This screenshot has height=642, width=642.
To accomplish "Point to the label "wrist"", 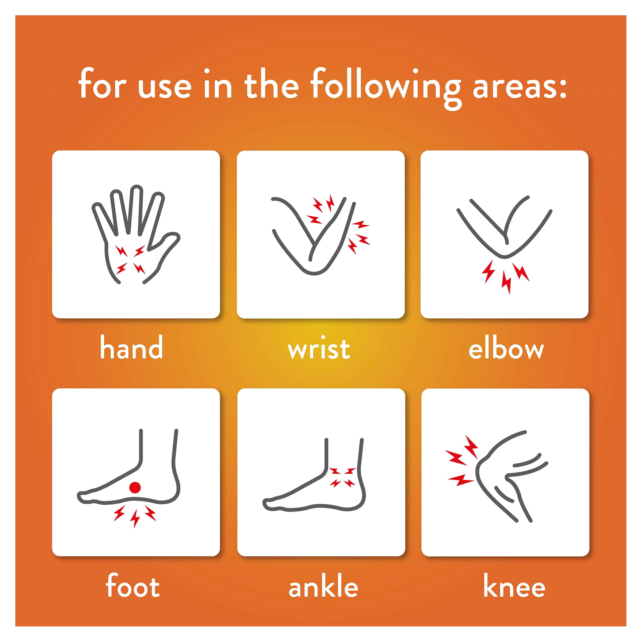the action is (x=319, y=349).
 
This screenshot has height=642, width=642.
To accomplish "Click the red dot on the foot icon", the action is (x=135, y=488).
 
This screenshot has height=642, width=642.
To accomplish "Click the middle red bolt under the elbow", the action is (x=507, y=282).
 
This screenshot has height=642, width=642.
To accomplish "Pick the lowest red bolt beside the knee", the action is (x=461, y=480).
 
